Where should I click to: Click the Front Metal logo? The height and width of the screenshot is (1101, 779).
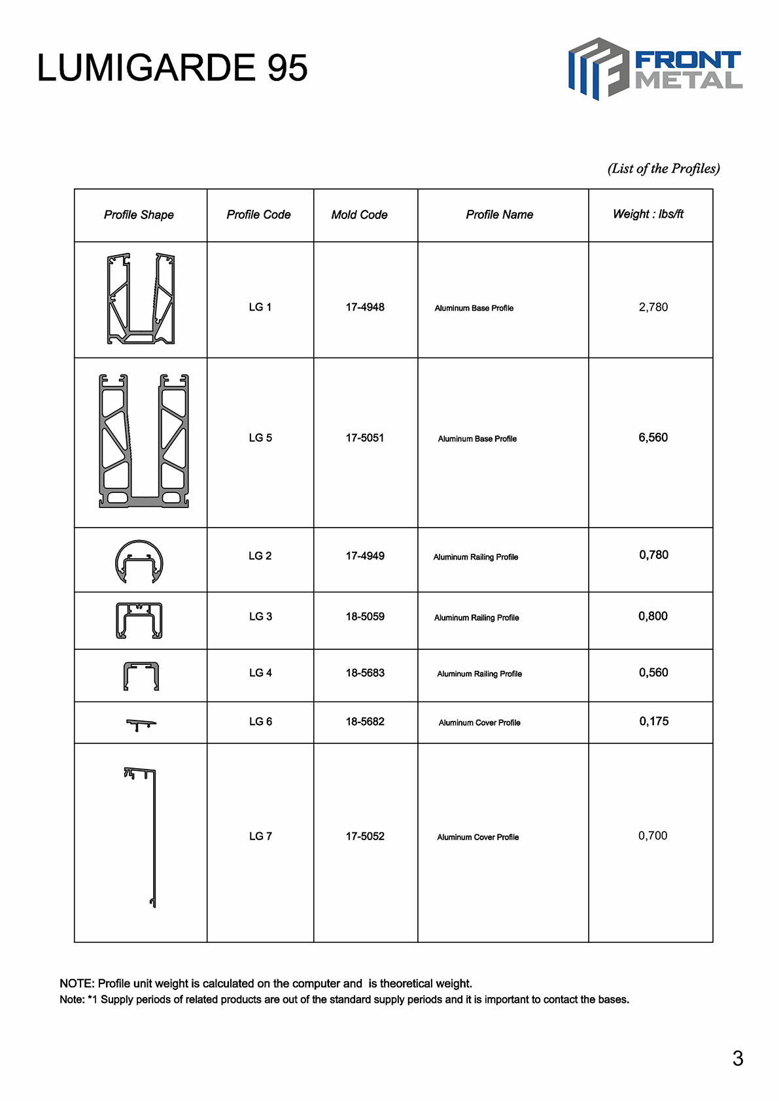click(x=655, y=69)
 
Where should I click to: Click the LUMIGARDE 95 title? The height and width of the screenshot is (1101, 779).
click(x=172, y=68)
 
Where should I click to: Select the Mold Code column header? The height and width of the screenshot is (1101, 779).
click(x=359, y=214)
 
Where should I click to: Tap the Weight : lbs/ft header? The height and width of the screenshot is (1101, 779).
click(x=648, y=214)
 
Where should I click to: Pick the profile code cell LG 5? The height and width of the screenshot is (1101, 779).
click(x=260, y=438)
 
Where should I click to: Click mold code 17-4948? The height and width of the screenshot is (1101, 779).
click(x=365, y=307)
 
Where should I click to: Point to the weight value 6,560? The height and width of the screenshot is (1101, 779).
click(x=653, y=437)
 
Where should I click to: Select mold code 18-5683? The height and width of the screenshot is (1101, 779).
click(x=365, y=673)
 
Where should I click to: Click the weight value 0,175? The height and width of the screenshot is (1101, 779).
click(x=653, y=722)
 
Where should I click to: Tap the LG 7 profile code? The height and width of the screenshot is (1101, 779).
click(x=260, y=836)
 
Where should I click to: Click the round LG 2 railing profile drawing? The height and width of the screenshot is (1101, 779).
click(x=139, y=561)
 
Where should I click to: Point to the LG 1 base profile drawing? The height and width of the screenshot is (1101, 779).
click(x=141, y=299)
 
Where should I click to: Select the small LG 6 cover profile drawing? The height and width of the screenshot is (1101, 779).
click(x=141, y=724)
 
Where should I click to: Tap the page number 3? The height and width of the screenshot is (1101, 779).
click(x=737, y=1059)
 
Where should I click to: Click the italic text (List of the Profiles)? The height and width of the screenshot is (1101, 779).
click(x=663, y=169)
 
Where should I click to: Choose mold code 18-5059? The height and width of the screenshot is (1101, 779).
click(x=365, y=617)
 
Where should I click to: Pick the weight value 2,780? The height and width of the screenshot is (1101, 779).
click(x=653, y=307)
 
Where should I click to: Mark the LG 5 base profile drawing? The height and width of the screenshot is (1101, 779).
click(x=143, y=441)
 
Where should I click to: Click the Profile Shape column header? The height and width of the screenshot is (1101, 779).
click(x=139, y=214)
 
